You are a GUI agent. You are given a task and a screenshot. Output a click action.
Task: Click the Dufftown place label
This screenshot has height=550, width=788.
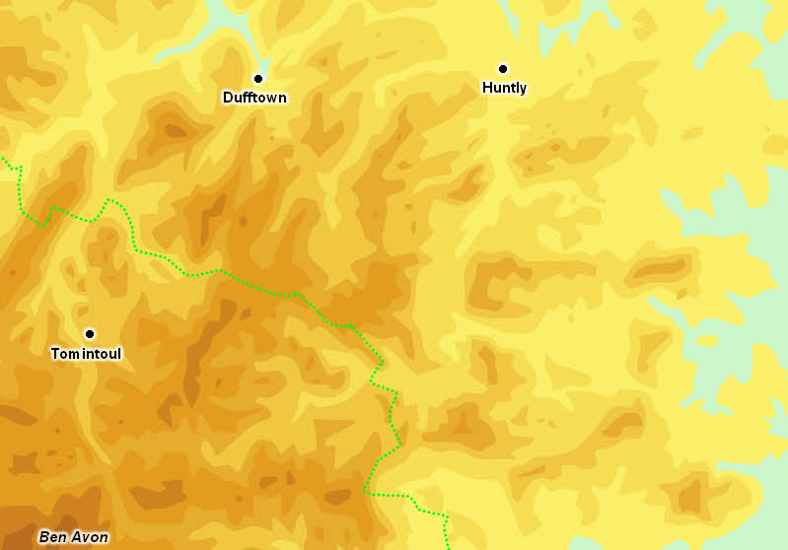pyautogui.click(x=254, y=98)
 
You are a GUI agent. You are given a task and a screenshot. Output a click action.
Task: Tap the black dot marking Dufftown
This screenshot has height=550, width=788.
pyautogui.click(x=259, y=78)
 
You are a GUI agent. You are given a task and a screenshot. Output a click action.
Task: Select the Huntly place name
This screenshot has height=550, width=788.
pyautogui.click(x=504, y=88)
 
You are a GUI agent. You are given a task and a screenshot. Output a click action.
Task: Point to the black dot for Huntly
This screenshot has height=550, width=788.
pyautogui.click(x=503, y=68)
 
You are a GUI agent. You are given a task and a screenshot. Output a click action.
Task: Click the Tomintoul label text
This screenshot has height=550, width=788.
pyautogui.click(x=86, y=353)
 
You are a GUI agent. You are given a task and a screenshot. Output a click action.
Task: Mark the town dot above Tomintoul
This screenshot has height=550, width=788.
pyautogui.click(x=89, y=333)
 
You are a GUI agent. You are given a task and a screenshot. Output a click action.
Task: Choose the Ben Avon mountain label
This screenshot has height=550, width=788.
pyautogui.click(x=73, y=537)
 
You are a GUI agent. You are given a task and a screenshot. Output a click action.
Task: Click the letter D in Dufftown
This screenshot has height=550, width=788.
pyautogui.click(x=228, y=98)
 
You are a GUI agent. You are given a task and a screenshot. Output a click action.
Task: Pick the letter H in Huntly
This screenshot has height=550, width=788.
pyautogui.click(x=487, y=88)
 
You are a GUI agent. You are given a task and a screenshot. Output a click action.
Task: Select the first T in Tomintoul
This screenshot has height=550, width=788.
pyautogui.click(x=54, y=353)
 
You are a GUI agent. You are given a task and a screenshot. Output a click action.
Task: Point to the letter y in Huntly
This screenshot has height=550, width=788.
pyautogui.click(x=524, y=90)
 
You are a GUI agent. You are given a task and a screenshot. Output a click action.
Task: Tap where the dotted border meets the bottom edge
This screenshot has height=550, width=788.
pyautogui.click(x=449, y=546)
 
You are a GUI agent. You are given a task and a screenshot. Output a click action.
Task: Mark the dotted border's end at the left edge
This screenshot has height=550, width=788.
pyautogui.click(x=3, y=158)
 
